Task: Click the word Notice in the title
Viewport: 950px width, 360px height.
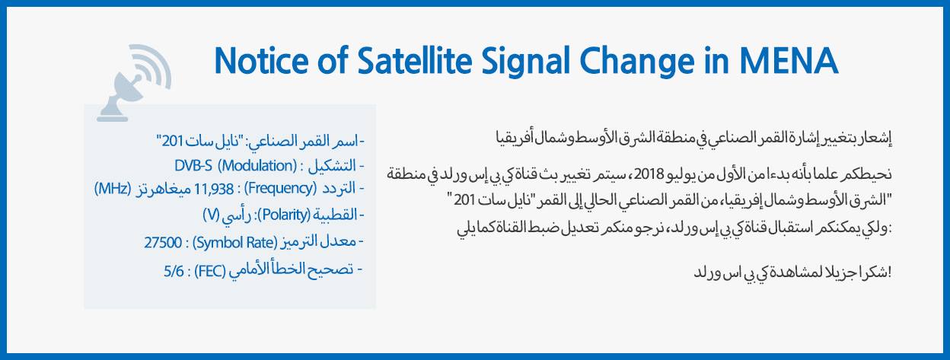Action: point(261,61)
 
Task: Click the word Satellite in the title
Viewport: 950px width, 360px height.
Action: point(414,61)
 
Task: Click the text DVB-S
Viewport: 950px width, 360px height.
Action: point(193,165)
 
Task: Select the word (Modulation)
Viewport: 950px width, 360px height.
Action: point(257,165)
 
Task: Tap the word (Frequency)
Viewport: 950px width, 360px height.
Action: point(280,188)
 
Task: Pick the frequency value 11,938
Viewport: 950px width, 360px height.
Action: point(214,189)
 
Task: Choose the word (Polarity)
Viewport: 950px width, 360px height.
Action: point(284,215)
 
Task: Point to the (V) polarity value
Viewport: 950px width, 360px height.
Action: point(211,215)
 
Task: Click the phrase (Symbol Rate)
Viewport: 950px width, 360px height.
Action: point(234,243)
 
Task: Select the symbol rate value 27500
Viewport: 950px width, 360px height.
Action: point(163,243)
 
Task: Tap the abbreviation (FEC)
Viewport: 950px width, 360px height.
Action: point(210,270)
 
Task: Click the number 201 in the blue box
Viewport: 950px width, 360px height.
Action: point(172,141)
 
